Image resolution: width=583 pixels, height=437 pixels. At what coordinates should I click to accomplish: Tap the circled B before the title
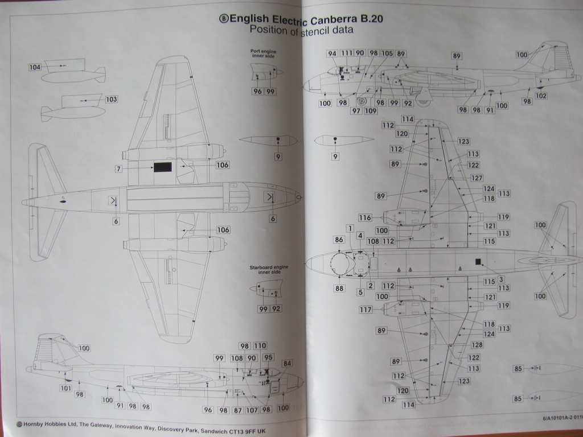(x=224, y=18)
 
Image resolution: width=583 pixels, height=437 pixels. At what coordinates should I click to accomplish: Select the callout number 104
(x=35, y=67)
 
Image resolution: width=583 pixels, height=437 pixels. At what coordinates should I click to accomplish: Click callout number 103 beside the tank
(x=111, y=99)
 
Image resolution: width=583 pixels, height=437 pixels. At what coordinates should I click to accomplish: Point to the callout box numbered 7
(x=118, y=168)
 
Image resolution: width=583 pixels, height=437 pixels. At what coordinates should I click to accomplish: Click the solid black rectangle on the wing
(x=163, y=167)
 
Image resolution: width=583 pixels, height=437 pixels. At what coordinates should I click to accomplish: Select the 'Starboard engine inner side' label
(x=265, y=270)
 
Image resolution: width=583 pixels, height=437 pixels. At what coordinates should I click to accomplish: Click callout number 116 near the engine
(x=365, y=217)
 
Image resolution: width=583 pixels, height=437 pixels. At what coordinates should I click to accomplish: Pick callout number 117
(x=365, y=310)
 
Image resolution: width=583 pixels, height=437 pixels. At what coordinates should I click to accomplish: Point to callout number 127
(x=477, y=178)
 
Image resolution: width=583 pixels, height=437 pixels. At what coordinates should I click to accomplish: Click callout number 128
(x=477, y=345)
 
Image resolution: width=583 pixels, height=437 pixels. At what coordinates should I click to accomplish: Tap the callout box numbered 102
(x=541, y=96)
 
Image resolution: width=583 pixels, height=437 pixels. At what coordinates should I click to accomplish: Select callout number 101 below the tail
(x=65, y=388)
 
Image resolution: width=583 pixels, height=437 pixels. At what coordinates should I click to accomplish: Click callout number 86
(x=339, y=240)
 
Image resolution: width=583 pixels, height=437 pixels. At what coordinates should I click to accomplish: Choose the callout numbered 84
(x=286, y=363)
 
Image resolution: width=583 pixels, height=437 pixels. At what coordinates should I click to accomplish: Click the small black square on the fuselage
(x=478, y=262)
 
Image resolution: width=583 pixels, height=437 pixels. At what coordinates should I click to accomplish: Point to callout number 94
(x=332, y=53)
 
